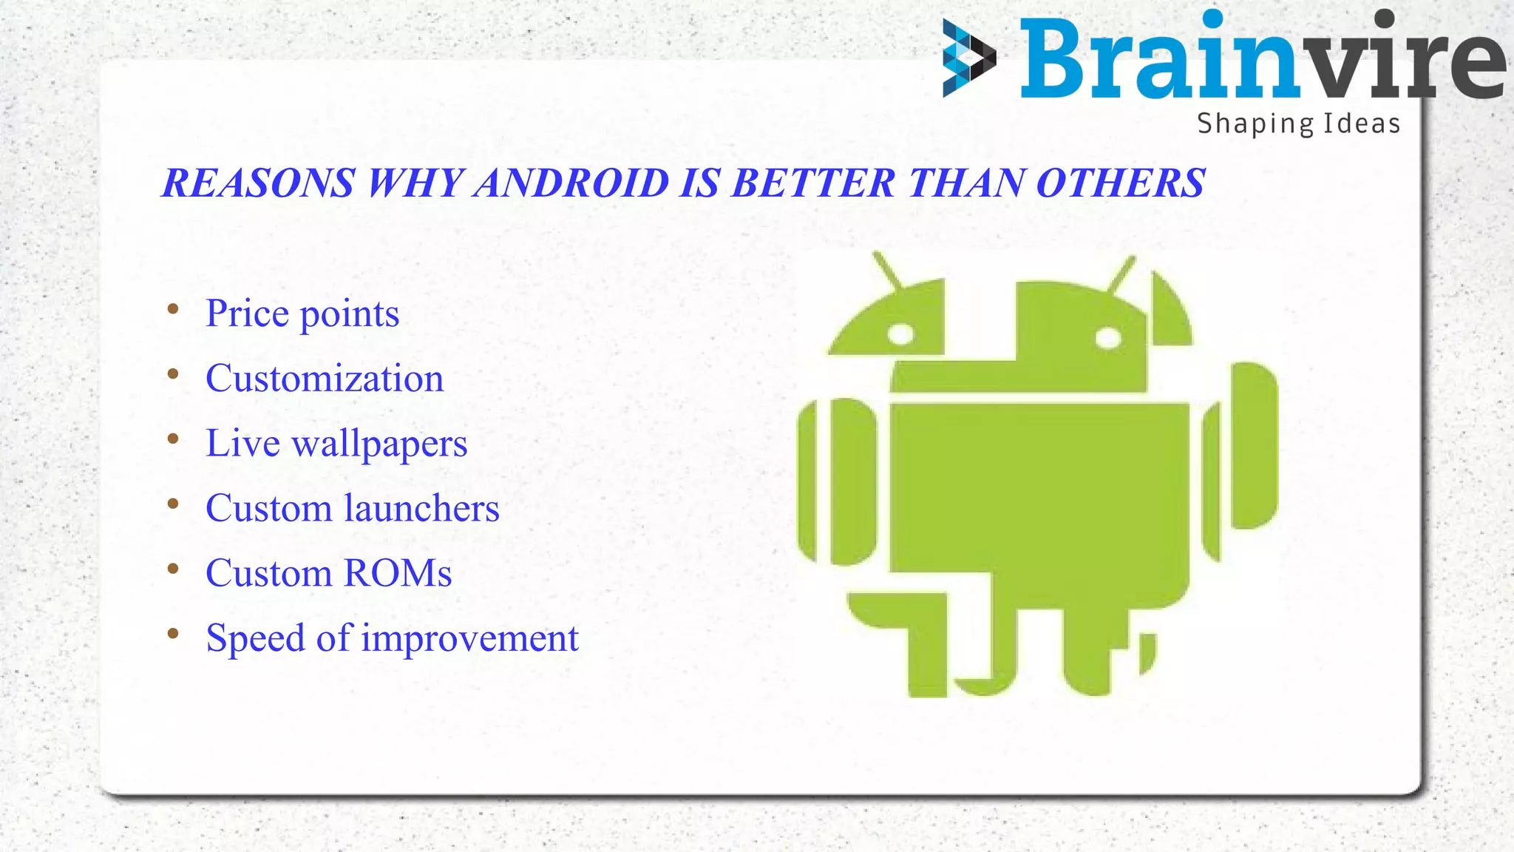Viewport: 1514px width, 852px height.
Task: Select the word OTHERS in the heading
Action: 1121,183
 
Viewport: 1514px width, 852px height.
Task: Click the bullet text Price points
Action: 302,314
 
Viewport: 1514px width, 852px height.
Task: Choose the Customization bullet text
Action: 325,379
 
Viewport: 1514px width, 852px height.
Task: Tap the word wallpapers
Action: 379,444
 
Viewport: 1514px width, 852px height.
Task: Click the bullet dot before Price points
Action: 173,309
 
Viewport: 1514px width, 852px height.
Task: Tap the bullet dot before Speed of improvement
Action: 173,634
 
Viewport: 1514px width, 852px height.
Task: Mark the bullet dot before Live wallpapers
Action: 173,439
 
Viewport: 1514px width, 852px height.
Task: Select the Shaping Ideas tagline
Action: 1298,124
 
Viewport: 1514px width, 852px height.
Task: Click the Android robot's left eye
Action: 900,334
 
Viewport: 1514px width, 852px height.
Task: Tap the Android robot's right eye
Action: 1108,339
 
